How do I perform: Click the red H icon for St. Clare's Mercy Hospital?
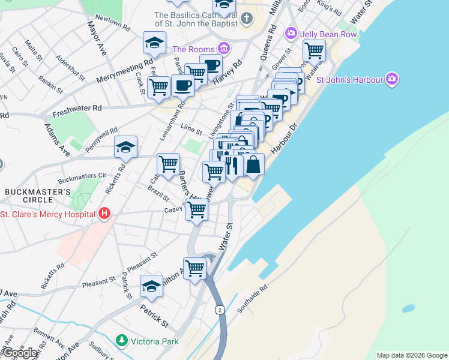[x=105, y=213]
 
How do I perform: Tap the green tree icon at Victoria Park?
[x=122, y=341]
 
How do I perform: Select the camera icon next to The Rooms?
[x=223, y=47]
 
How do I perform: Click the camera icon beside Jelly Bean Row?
[x=292, y=33]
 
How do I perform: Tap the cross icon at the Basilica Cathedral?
[x=246, y=18]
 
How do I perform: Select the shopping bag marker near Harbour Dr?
[x=254, y=164]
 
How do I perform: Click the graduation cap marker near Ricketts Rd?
[x=126, y=147]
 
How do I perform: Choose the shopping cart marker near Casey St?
[x=197, y=211]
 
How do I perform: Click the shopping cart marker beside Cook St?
[x=158, y=86]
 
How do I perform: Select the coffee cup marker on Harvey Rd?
[x=211, y=65]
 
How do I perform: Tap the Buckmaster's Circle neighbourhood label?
[x=38, y=196]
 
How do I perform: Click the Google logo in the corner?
[x=20, y=353]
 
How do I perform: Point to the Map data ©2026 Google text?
[x=411, y=355]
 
